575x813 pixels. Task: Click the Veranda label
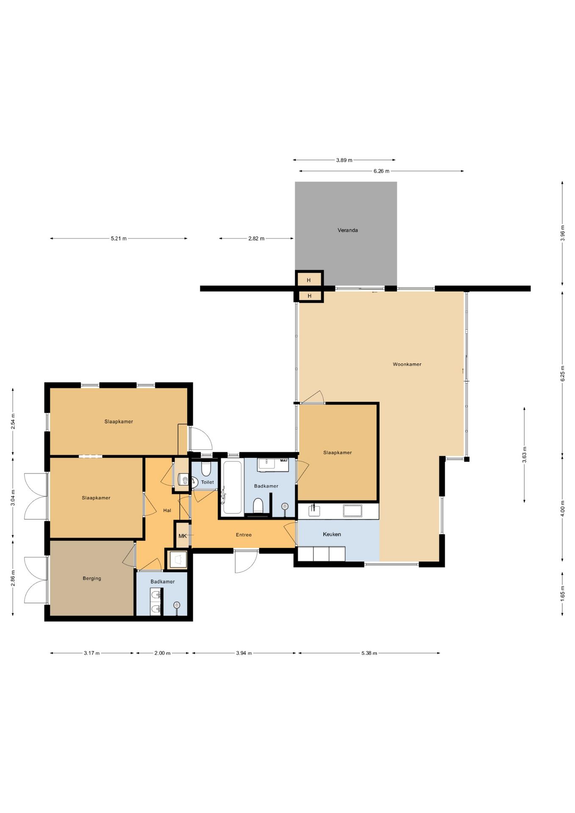(348, 230)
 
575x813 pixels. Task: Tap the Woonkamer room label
(407, 364)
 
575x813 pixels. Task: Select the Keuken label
(332, 534)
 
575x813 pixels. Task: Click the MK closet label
(182, 536)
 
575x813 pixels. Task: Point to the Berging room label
(92, 578)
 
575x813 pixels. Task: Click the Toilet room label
(207, 482)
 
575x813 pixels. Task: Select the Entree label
(244, 535)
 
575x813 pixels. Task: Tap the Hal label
(167, 511)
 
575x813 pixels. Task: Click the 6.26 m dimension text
(381, 171)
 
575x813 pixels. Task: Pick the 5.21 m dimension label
(119, 238)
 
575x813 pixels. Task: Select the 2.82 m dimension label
(256, 238)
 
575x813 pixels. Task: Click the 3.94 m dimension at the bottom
(244, 653)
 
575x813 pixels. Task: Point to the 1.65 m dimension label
(562, 594)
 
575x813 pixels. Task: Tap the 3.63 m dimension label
(524, 455)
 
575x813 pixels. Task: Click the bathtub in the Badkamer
(232, 487)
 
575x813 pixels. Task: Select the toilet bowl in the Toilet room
(206, 468)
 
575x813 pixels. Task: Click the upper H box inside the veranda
(309, 280)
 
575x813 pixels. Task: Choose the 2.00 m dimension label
(162, 653)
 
